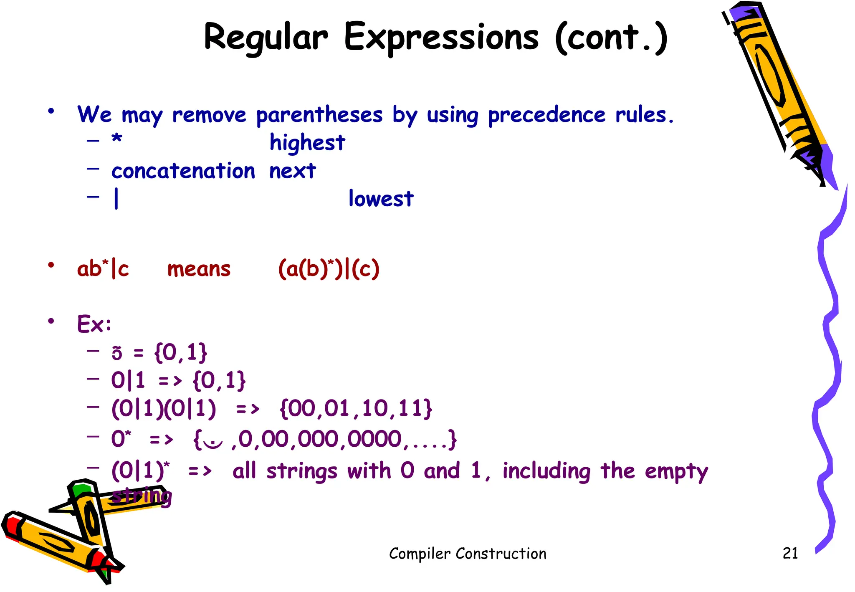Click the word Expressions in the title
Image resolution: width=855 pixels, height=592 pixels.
tap(441, 38)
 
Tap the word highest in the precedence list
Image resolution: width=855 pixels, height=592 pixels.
tap(307, 143)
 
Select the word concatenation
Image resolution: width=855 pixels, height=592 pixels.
tap(183, 171)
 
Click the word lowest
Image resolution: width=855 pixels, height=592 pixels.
tap(381, 199)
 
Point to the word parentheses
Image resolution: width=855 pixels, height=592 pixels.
tap(319, 115)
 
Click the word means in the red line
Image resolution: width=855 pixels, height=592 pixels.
tap(199, 269)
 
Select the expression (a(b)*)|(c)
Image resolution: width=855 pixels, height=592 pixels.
tap(329, 269)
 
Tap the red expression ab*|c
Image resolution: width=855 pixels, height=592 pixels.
tap(103, 269)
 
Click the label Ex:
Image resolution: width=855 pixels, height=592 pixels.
tap(94, 324)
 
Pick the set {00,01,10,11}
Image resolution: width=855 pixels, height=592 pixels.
tap(356, 408)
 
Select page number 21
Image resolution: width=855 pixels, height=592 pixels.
tap(790, 553)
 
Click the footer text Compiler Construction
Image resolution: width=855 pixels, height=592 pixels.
tap(468, 554)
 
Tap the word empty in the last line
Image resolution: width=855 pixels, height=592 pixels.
tap(676, 472)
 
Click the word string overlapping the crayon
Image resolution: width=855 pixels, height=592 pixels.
tap(142, 496)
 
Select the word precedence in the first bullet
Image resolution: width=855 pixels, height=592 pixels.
tap(546, 115)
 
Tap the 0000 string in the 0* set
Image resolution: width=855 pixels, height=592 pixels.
tap(374, 440)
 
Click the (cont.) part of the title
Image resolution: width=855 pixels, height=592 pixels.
tap(612, 38)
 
